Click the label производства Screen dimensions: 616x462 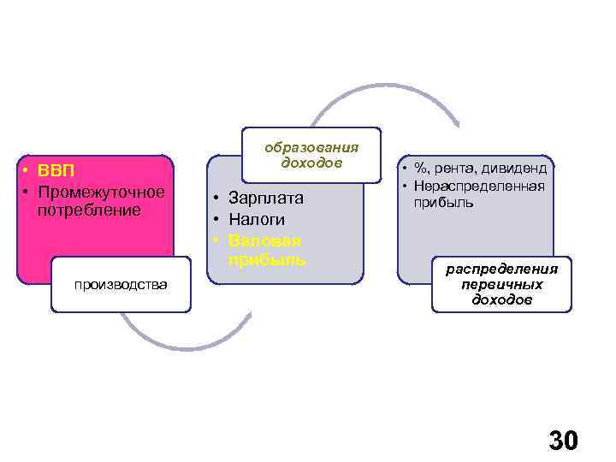click(121, 284)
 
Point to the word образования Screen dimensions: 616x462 click(311, 145)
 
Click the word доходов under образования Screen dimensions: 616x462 click(311, 162)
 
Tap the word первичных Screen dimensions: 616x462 click(501, 285)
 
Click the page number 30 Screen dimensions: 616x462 click(563, 441)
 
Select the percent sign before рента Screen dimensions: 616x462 click(421, 169)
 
